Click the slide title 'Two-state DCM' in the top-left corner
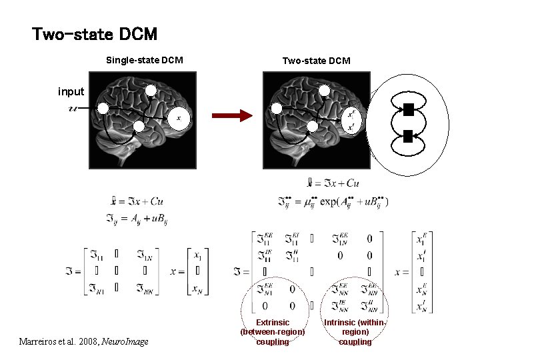tap(95, 33)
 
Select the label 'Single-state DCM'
tap(144, 61)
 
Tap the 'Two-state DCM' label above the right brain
tap(316, 61)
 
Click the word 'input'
tap(71, 91)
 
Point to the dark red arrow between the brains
tap(232, 115)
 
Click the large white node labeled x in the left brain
tap(178, 119)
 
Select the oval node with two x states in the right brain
tap(351, 120)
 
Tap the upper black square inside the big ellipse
tap(408, 109)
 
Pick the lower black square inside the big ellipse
tap(408, 137)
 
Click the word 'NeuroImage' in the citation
tap(126, 342)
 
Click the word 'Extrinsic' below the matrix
tap(273, 323)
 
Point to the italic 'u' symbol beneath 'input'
tap(73, 108)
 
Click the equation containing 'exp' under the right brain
tap(333, 201)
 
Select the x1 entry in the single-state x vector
tap(197, 255)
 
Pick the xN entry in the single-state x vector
tap(197, 288)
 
